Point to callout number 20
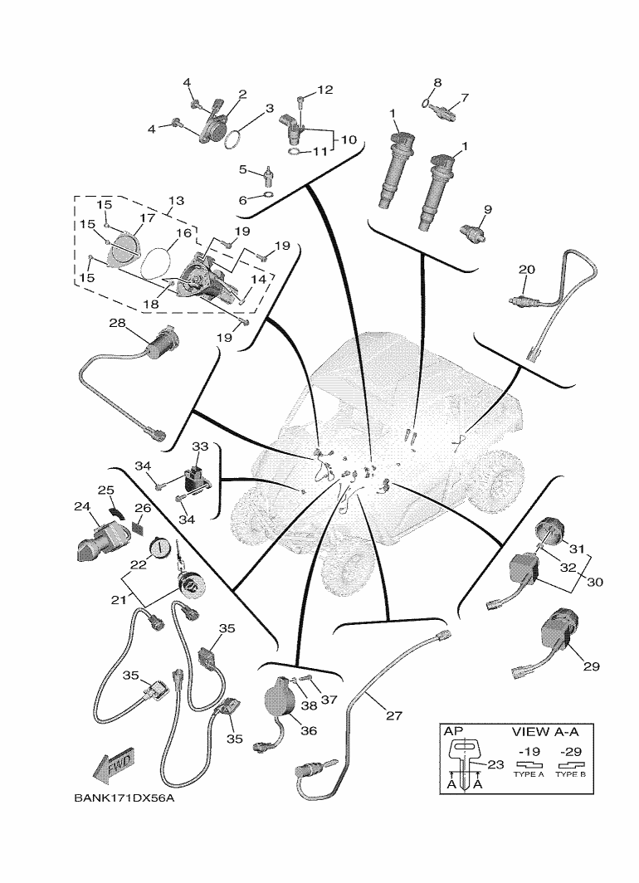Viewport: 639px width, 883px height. click(x=527, y=269)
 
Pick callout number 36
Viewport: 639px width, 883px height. click(x=309, y=731)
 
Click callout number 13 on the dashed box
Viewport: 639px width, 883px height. click(x=176, y=202)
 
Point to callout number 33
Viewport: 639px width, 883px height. click(x=200, y=446)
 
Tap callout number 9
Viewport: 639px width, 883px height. click(x=488, y=210)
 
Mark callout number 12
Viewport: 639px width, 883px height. click(x=324, y=90)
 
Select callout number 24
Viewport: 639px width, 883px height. click(x=81, y=506)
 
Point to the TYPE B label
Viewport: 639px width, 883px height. click(x=570, y=773)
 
